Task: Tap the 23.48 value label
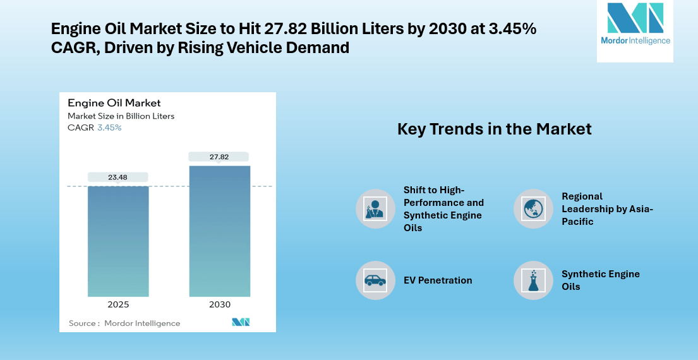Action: click(x=118, y=177)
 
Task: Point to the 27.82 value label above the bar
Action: click(x=220, y=157)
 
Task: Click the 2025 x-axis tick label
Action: click(x=118, y=304)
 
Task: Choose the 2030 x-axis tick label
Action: click(x=220, y=304)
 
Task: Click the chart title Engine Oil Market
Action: click(x=114, y=103)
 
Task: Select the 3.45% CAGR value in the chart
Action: click(x=109, y=128)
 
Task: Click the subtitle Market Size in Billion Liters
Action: click(x=121, y=116)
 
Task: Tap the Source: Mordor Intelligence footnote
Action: click(x=124, y=323)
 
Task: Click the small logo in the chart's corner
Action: click(x=241, y=322)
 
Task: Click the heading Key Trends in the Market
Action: click(x=494, y=129)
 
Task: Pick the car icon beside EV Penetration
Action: click(x=375, y=280)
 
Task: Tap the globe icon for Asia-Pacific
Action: click(x=533, y=208)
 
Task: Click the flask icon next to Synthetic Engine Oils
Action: click(x=533, y=280)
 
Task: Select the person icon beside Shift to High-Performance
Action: click(x=375, y=208)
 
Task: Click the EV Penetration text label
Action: click(x=438, y=280)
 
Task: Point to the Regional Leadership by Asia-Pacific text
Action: click(x=606, y=208)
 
